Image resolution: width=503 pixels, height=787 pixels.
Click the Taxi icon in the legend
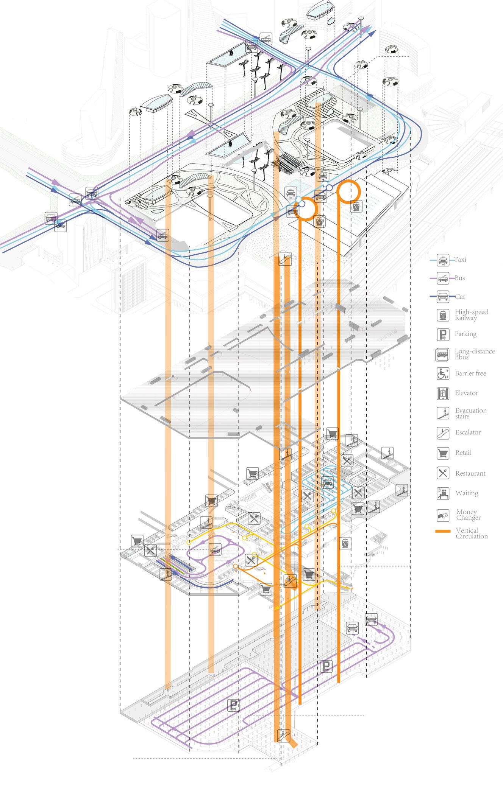pos(442,260)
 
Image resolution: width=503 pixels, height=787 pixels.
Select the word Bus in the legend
pos(460,278)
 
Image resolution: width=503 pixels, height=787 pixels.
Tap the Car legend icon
pos(442,297)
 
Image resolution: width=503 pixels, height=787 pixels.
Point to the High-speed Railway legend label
pos(471,315)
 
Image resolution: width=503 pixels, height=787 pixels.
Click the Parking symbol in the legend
pos(442,334)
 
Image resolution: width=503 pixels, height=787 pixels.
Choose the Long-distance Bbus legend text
pos(475,354)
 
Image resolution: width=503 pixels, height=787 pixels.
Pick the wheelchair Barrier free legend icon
pos(442,373)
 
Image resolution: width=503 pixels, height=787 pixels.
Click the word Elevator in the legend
pos(467,393)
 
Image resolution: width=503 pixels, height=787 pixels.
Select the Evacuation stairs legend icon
pos(442,413)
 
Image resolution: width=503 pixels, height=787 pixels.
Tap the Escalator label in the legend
pos(468,432)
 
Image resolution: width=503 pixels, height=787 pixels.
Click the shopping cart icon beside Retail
pos(442,453)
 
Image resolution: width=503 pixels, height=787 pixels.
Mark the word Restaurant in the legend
pos(470,473)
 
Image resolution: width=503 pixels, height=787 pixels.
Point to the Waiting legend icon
pos(442,493)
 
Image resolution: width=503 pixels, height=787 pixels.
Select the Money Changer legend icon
pos(442,515)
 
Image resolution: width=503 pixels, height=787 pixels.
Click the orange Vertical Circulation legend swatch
pos(443,532)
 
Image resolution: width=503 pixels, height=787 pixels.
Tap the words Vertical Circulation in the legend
pos(472,533)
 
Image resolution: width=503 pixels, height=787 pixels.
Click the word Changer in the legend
pos(468,518)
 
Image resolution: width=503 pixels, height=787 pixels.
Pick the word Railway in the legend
pos(466,318)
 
